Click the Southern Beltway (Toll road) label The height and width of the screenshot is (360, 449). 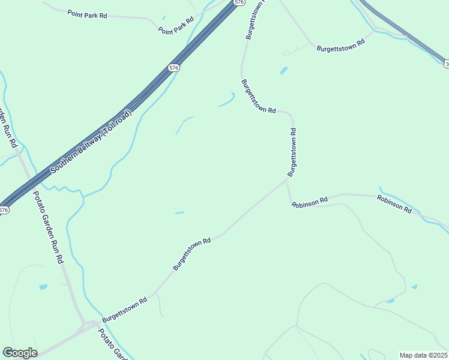[x=90, y=142]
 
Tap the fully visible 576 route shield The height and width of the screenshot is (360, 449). [x=173, y=68]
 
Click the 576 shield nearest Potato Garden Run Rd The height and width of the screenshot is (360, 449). [x=4, y=210]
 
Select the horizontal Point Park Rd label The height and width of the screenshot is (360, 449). [x=87, y=14]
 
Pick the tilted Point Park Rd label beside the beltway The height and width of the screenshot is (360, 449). [x=176, y=25]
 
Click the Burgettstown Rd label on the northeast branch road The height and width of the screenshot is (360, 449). [x=340, y=45]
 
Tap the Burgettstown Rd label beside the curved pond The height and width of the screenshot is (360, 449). [x=258, y=96]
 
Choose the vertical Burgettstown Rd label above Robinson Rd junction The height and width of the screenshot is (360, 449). [x=292, y=152]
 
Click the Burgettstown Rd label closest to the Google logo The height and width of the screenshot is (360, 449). [x=124, y=310]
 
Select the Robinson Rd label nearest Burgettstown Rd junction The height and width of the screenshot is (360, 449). [x=309, y=202]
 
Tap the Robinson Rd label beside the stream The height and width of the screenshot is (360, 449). [x=394, y=204]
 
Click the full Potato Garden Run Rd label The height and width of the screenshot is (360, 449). [x=48, y=227]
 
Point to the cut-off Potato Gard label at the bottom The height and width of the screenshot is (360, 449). [x=113, y=344]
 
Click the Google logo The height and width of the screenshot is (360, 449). [x=20, y=353]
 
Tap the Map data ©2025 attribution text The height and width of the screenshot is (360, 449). [x=424, y=355]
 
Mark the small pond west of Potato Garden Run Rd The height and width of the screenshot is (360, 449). [x=43, y=287]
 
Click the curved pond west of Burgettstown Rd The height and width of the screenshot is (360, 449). [x=226, y=100]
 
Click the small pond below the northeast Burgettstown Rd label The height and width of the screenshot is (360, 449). [x=283, y=71]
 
